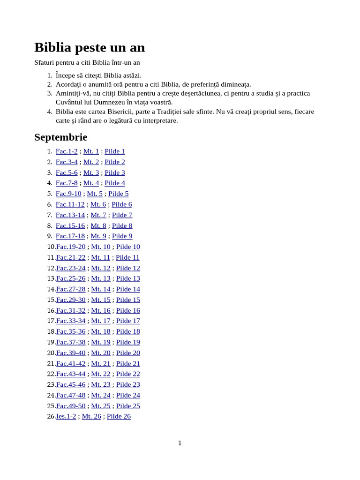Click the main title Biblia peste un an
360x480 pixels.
point(90,47)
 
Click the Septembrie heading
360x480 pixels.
point(60,137)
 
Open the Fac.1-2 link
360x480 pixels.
point(67,151)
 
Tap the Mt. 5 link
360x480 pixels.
point(95,194)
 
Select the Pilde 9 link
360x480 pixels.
point(122,236)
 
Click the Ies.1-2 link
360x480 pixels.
point(66,416)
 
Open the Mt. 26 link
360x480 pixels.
point(91,416)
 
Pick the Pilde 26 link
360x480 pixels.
point(119,416)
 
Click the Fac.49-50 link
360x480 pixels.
point(71,405)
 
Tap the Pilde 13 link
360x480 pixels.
point(128,278)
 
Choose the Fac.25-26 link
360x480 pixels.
point(71,278)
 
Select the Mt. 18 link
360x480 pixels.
point(101,331)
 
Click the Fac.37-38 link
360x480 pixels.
point(71,342)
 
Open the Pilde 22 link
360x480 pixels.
point(128,374)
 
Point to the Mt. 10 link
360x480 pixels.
point(101,247)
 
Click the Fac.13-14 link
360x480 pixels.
point(70,215)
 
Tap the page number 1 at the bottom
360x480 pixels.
point(180,443)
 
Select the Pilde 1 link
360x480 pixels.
point(115,151)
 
